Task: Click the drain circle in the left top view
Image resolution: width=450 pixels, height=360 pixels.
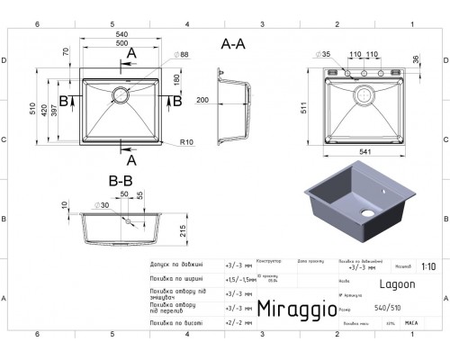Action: click(121, 93)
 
